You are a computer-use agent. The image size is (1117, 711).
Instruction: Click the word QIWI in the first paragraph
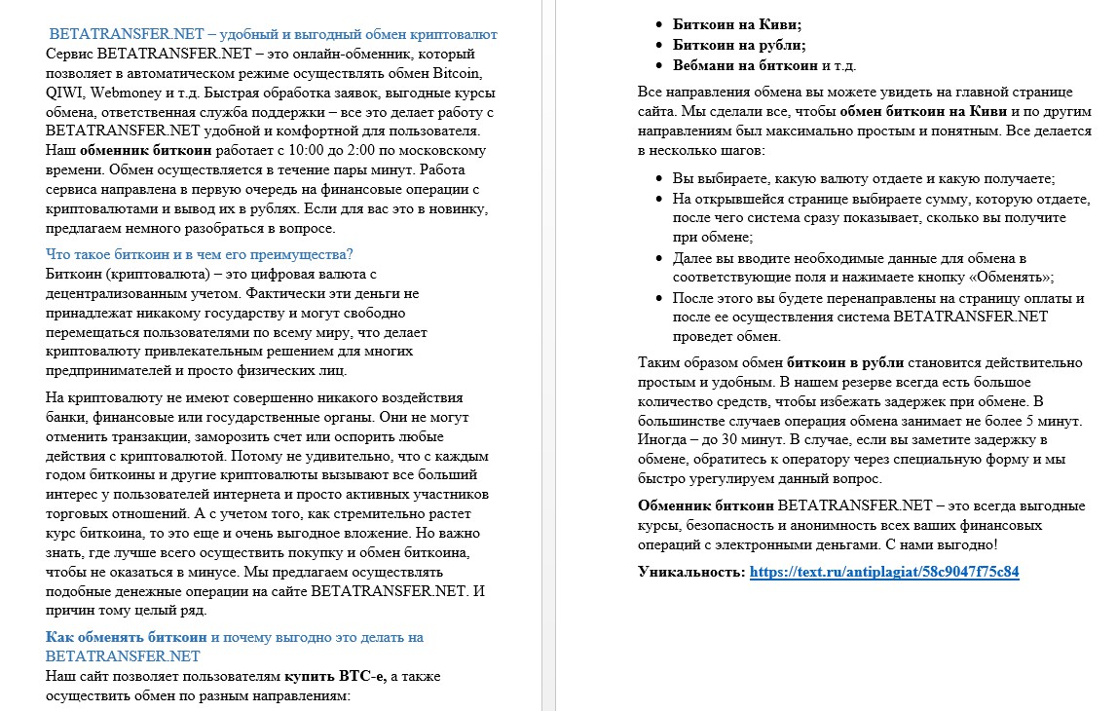pyautogui.click(x=66, y=93)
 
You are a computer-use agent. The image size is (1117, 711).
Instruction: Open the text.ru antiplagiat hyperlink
pyautogui.click(x=884, y=572)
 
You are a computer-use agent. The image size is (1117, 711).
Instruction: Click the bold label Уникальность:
pyautogui.click(x=690, y=572)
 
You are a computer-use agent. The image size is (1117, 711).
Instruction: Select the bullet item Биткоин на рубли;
pyautogui.click(x=739, y=45)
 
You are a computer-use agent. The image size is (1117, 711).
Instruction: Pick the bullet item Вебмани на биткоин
pyautogui.click(x=745, y=65)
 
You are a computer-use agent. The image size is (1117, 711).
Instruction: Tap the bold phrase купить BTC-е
pyautogui.click(x=335, y=676)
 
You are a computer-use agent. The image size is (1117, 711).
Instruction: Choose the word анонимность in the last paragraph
pyautogui.click(x=816, y=526)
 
